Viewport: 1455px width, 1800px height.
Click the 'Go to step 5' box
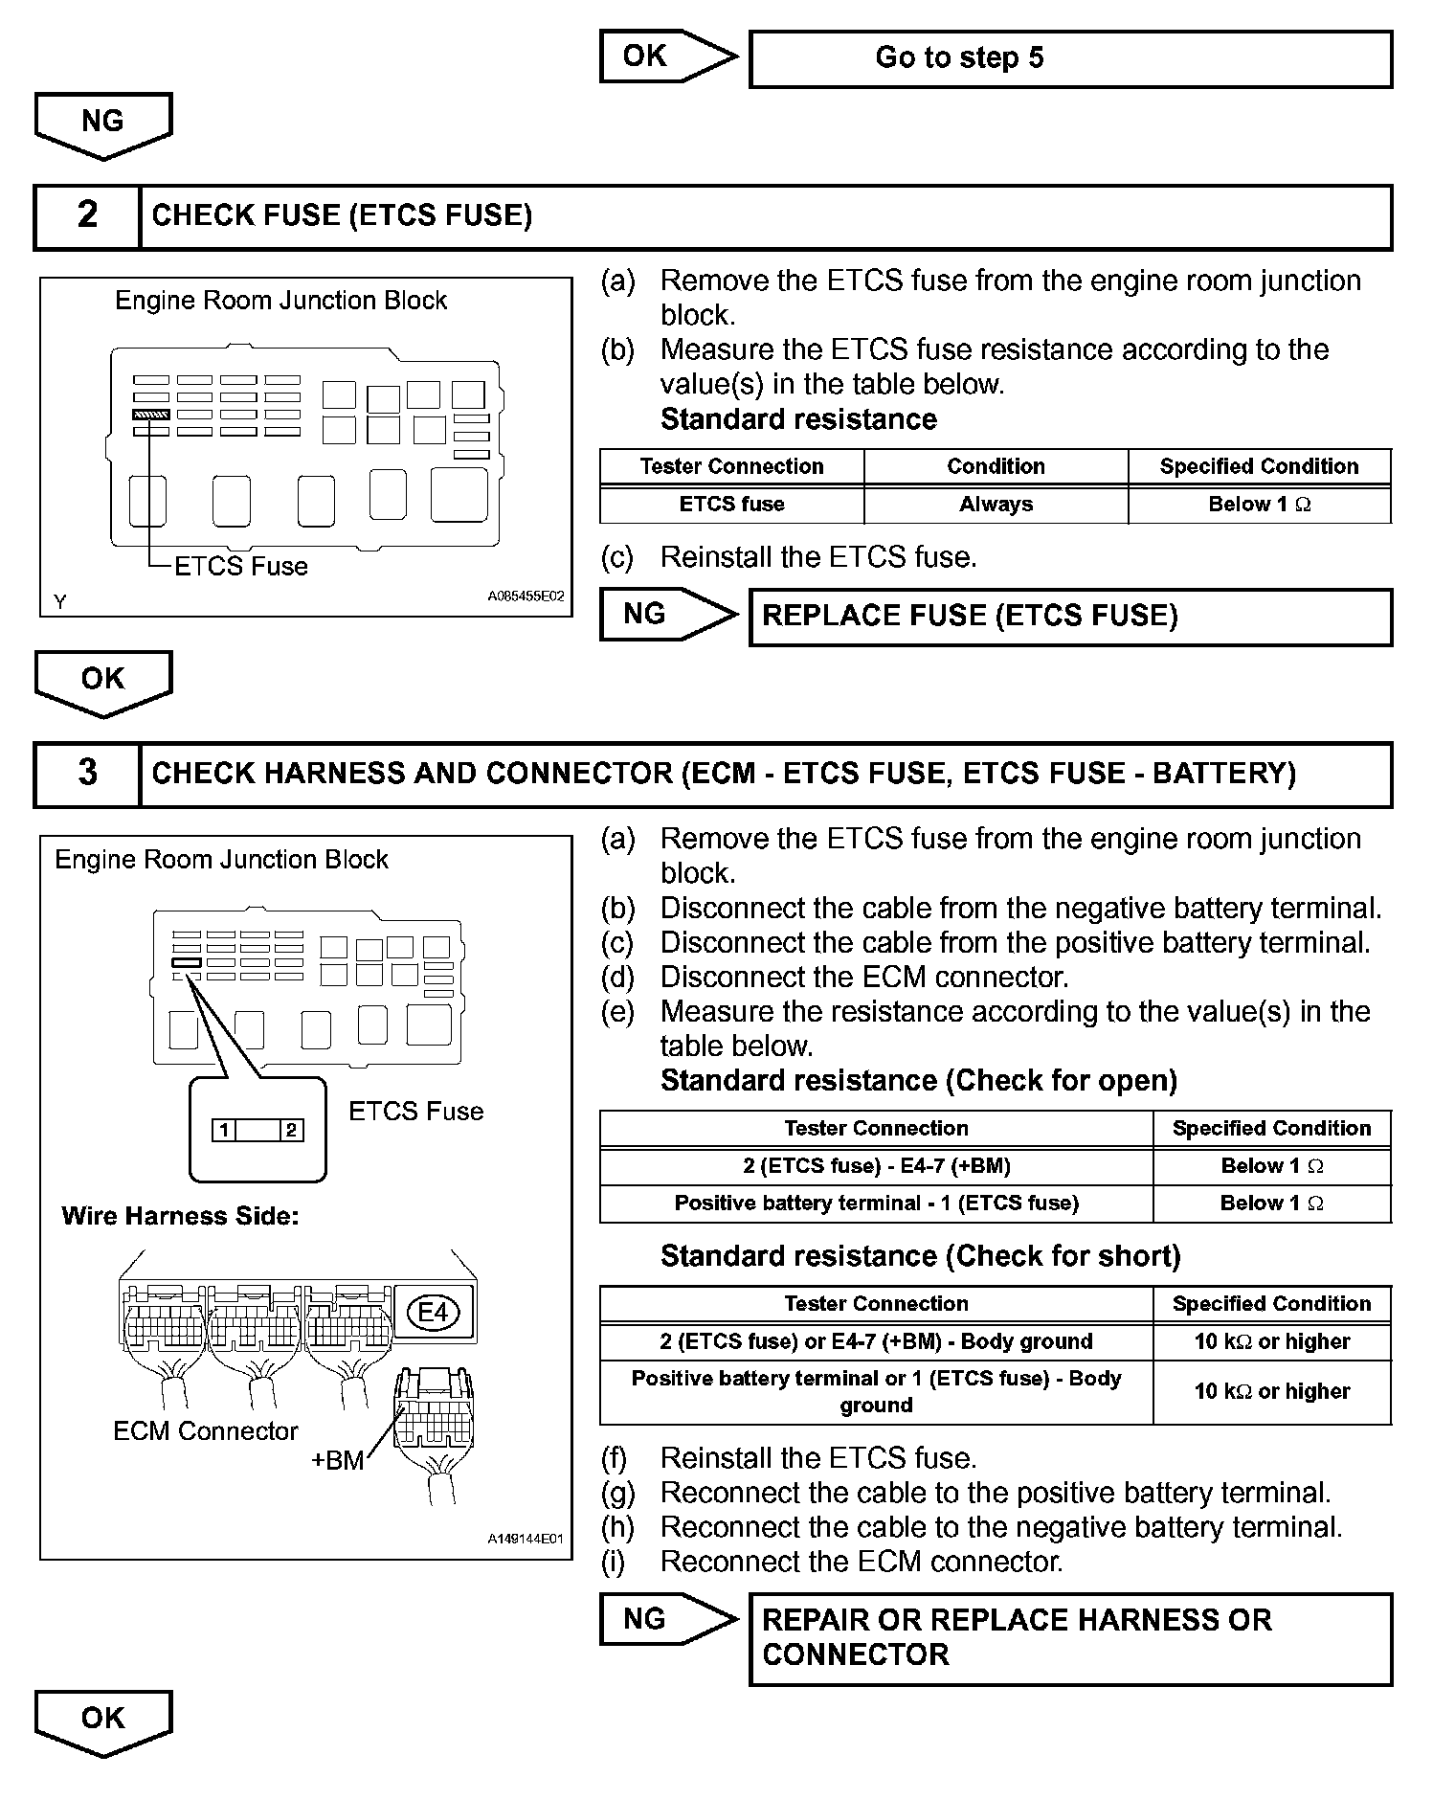pyautogui.click(x=1069, y=58)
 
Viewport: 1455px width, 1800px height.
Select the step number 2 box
pyautogui.click(x=87, y=215)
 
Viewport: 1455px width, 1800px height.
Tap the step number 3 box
pyautogui.click(x=87, y=774)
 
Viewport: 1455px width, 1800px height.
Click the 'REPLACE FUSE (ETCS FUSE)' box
pyautogui.click(x=1069, y=617)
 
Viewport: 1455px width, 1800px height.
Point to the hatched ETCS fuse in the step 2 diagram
pyautogui.click(x=151, y=415)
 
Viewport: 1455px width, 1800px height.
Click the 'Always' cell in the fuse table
pyautogui.click(x=996, y=505)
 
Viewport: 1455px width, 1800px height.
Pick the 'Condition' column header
pyautogui.click(x=996, y=466)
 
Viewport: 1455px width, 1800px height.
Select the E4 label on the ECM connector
pyautogui.click(x=434, y=1311)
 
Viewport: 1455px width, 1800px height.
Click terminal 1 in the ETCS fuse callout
pyautogui.click(x=223, y=1130)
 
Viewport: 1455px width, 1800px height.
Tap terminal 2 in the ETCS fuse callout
pyautogui.click(x=292, y=1130)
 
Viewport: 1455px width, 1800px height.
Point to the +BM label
pyautogui.click(x=337, y=1460)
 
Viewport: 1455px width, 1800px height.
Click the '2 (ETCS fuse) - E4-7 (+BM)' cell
pyautogui.click(x=876, y=1166)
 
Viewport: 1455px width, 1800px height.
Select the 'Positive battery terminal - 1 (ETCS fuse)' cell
pyautogui.click(x=876, y=1204)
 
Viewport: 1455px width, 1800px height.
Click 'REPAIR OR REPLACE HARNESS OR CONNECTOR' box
pyautogui.click(x=1069, y=1638)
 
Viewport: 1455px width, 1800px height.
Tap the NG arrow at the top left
pyautogui.click(x=102, y=124)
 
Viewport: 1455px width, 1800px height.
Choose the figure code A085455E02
pyautogui.click(x=526, y=596)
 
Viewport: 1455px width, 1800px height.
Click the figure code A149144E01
pyautogui.click(x=526, y=1539)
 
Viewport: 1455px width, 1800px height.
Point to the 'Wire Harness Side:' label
pyautogui.click(x=180, y=1216)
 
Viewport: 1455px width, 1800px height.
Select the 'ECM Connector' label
pyautogui.click(x=205, y=1430)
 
